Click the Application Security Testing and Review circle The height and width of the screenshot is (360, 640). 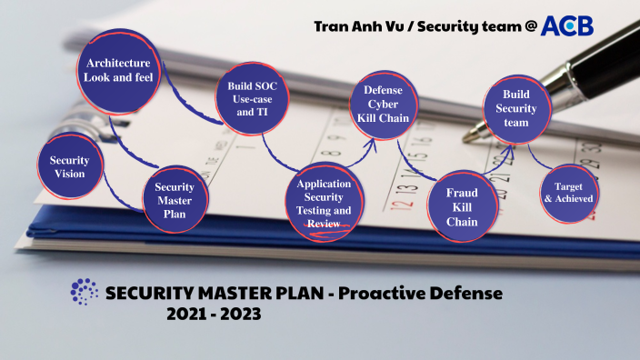(324, 205)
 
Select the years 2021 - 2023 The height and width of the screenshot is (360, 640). (214, 315)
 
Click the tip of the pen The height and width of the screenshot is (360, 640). (467, 138)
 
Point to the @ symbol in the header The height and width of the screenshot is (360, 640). (529, 26)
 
